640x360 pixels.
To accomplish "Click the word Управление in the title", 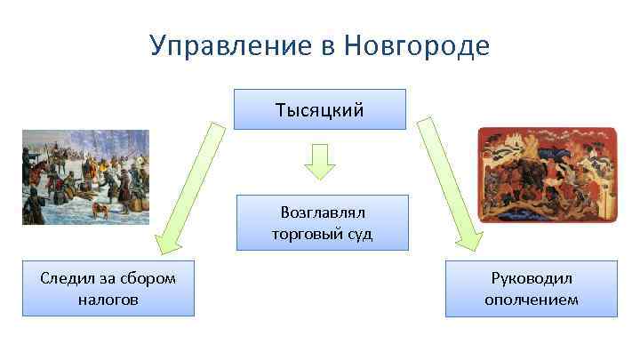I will (224, 45).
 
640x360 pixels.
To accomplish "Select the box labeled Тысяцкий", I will (319, 109).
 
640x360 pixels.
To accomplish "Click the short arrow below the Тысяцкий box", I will (319, 161).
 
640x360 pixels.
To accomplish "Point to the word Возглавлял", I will (323, 213).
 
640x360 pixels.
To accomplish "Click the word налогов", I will (108, 300).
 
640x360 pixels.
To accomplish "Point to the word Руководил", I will (531, 278).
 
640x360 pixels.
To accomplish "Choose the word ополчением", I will (531, 300).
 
